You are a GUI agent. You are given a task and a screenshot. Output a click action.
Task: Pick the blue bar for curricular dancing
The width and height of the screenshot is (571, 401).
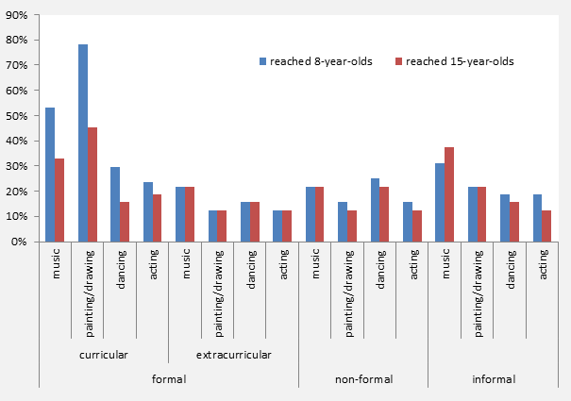(x=115, y=205)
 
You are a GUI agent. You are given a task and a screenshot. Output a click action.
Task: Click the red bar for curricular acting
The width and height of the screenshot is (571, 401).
(x=158, y=218)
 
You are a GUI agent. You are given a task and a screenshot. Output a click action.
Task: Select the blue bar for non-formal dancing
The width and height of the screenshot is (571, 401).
(x=375, y=210)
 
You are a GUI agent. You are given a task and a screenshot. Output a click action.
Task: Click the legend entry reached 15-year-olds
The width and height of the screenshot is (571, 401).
(x=459, y=61)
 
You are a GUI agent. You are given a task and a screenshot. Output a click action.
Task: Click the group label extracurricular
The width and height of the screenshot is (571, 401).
(x=233, y=355)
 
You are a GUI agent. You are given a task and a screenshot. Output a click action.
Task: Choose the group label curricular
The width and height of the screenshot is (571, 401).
(x=104, y=355)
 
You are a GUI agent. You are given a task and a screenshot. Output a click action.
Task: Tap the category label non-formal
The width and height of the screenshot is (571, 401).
(x=363, y=379)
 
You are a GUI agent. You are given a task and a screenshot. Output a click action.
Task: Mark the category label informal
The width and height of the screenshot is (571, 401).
(x=493, y=379)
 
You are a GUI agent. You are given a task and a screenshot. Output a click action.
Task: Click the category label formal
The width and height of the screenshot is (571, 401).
(x=169, y=379)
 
